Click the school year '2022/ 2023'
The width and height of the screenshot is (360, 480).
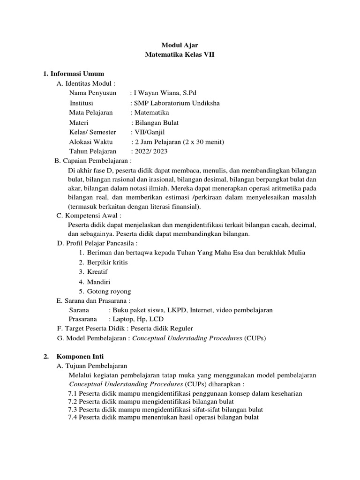point(151,151)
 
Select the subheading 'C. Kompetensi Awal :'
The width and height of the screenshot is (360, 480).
point(89,215)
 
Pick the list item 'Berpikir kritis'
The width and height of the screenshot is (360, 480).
point(107,262)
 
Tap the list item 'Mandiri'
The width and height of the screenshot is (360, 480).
point(98,282)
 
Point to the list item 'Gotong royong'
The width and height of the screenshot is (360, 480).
point(109,291)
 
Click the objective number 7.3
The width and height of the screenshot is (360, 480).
point(73,409)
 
